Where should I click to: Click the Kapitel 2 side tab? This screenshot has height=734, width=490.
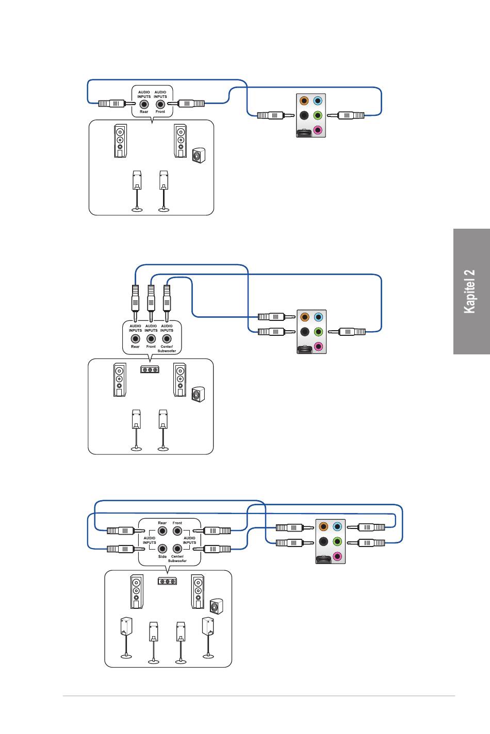471,292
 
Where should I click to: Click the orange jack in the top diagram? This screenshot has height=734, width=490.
304,100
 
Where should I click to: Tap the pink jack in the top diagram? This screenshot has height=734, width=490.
317,130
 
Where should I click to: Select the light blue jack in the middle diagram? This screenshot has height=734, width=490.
318,317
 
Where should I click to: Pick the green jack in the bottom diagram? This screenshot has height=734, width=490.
337,541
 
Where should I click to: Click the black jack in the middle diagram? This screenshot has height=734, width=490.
305,332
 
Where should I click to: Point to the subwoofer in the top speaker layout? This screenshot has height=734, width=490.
199,156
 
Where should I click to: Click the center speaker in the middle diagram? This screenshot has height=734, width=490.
150,370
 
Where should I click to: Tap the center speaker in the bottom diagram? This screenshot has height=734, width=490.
167,582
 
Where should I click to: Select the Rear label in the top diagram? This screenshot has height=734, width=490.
144,112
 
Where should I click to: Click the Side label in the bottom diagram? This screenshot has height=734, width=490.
162,556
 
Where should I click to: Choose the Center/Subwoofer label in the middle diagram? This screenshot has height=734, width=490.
167,349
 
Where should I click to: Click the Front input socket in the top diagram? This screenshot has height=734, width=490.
160,104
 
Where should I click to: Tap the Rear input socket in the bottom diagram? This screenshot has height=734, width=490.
162,531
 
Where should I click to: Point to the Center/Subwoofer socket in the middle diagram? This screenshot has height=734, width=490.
167,338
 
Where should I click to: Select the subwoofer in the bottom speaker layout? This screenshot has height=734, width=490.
216,607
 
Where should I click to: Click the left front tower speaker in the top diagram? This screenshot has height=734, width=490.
121,141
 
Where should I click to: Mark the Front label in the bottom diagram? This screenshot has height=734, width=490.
177,523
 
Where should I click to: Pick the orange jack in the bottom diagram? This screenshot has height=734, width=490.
323,526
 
